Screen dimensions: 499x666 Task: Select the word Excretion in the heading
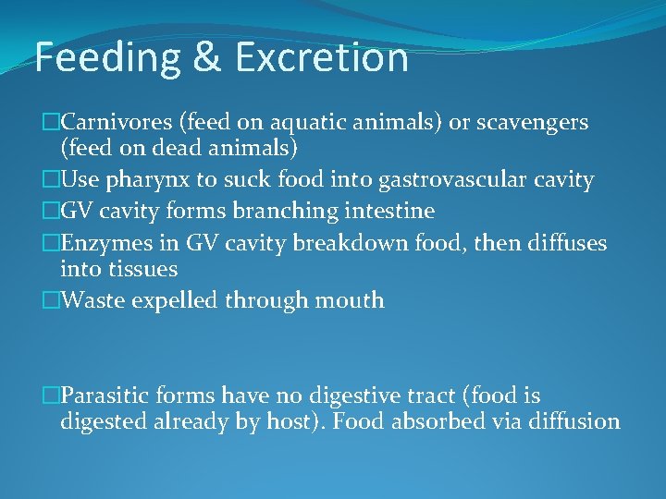click(321, 57)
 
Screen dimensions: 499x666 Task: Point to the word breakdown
click(330, 243)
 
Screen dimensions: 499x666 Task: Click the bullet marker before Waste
click(50, 300)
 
